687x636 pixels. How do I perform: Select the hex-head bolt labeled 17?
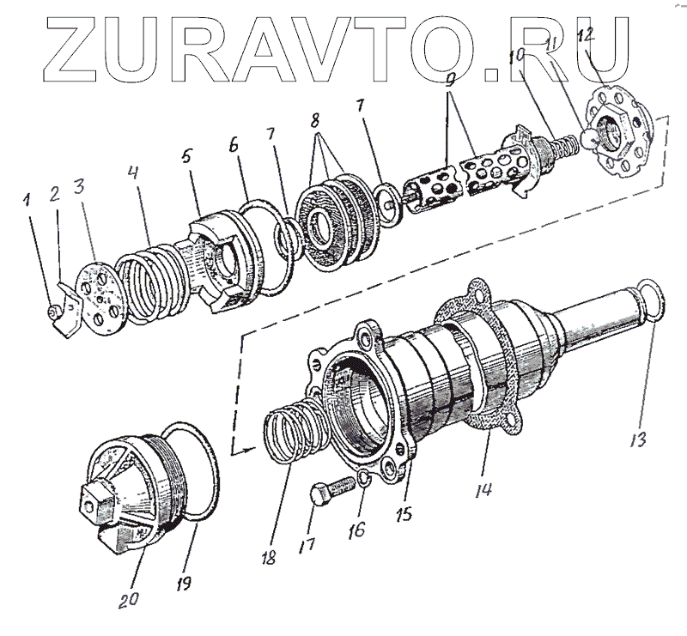coord(327,493)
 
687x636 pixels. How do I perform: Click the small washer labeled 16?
coord(365,477)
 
